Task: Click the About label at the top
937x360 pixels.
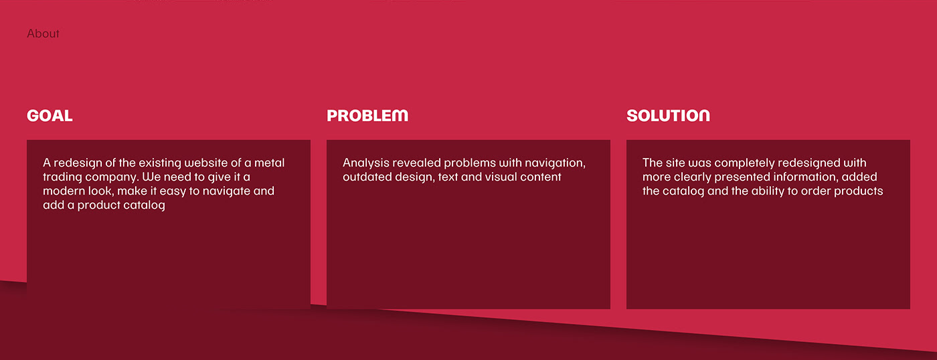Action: tap(43, 33)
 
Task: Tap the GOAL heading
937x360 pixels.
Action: tap(50, 115)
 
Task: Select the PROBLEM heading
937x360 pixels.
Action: tap(367, 115)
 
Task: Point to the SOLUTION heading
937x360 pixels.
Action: tap(668, 115)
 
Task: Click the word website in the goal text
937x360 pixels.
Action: tap(205, 163)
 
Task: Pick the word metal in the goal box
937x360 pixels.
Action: tap(269, 163)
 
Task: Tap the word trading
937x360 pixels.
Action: tap(62, 177)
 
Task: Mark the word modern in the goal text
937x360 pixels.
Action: tap(64, 191)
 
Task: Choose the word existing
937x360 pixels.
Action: tap(159, 163)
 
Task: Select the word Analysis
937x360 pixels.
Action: tap(366, 163)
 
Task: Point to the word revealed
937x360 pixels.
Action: tap(416, 163)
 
